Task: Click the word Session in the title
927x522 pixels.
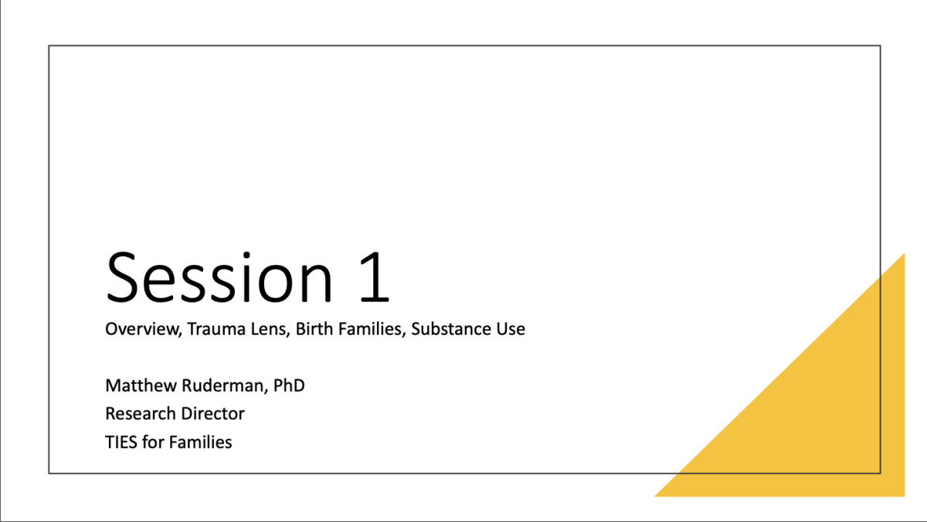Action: point(219,277)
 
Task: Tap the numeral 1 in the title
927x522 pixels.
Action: point(375,277)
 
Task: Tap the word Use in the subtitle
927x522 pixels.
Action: point(509,329)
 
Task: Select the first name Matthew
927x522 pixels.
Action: point(141,385)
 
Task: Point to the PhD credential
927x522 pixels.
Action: point(289,385)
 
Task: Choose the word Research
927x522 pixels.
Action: point(141,414)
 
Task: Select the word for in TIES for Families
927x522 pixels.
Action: point(153,442)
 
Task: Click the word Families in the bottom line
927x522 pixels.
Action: point(200,442)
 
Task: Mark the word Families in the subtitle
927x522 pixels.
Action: point(370,329)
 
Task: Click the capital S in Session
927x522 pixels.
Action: point(122,277)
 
